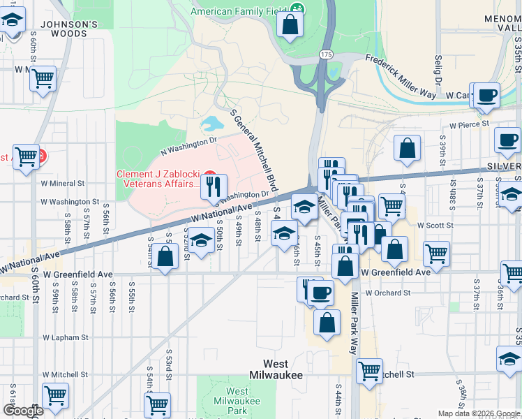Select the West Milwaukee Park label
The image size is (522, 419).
click(237, 402)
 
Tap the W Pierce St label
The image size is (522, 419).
click(470, 126)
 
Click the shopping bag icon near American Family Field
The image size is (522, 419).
click(289, 25)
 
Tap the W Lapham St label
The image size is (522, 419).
click(65, 337)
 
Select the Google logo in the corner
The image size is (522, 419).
click(23, 411)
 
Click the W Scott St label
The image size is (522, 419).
click(435, 226)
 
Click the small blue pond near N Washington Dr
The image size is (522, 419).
click(211, 125)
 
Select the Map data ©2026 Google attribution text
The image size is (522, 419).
click(478, 413)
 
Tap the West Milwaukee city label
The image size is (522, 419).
click(283, 369)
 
